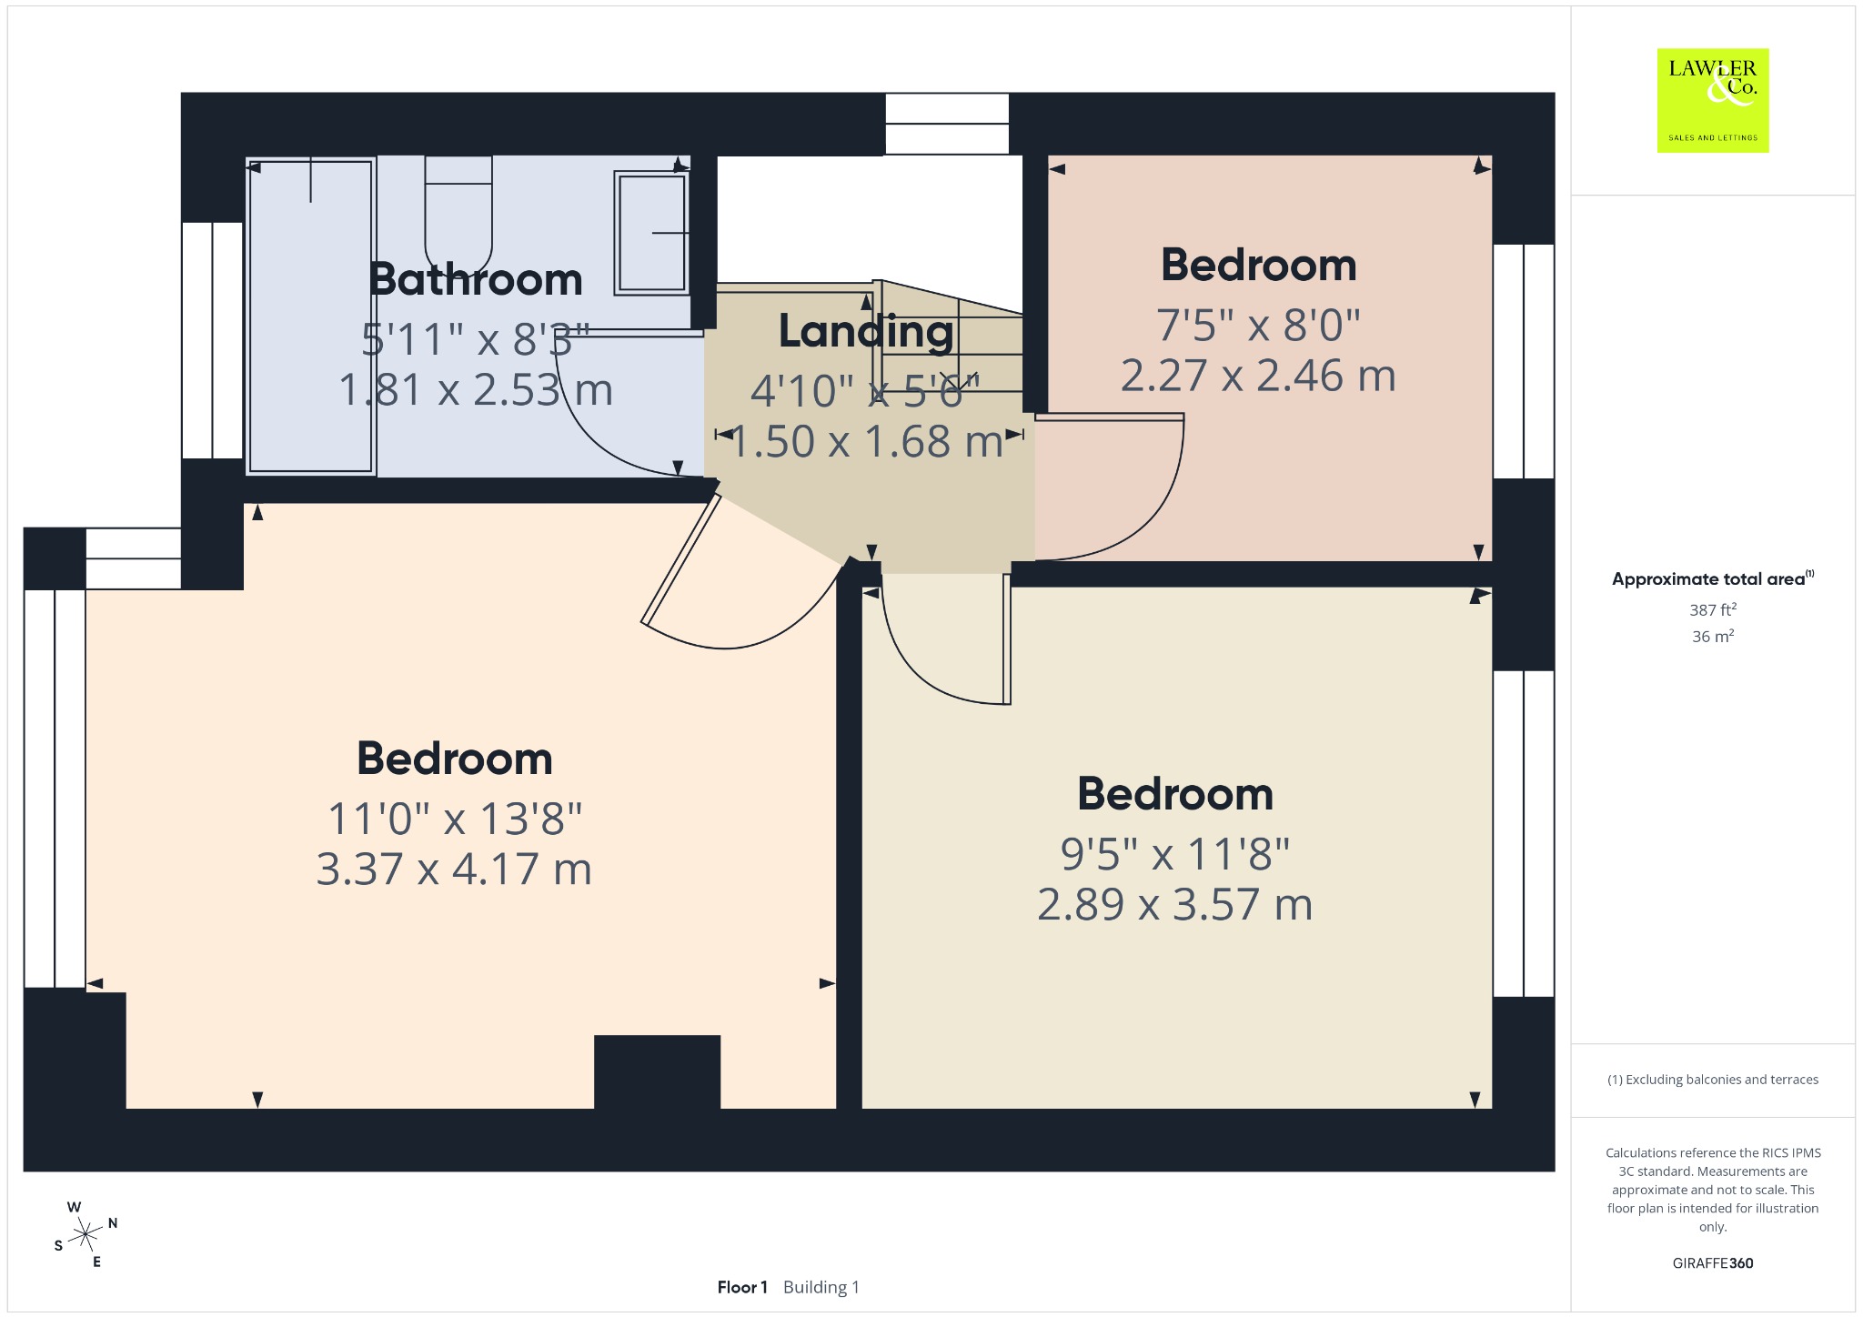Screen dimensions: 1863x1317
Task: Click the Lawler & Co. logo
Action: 1713,100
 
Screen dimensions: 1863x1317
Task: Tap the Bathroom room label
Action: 476,279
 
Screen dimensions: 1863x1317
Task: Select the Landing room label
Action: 866,332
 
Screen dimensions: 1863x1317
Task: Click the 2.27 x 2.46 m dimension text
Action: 1258,376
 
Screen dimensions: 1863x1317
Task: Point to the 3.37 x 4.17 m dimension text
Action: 454,869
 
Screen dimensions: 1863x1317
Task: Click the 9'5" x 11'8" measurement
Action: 1175,854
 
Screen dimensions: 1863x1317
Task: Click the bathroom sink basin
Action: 651,233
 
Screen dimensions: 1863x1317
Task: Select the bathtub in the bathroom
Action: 311,316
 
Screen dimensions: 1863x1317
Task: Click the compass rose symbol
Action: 86,1234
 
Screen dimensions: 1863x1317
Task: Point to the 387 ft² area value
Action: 1713,610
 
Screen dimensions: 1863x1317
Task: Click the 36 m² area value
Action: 1713,637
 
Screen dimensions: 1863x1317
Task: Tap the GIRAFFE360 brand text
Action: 1713,1263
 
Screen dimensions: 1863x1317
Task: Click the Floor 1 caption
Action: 742,1287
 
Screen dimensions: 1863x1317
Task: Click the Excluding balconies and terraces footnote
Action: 1713,1080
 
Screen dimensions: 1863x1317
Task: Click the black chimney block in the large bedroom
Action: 658,1071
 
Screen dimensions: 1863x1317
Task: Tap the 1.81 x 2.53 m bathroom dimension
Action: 476,390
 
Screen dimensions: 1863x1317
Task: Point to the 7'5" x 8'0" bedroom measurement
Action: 1258,326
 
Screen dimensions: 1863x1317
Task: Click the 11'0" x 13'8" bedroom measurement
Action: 454,819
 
